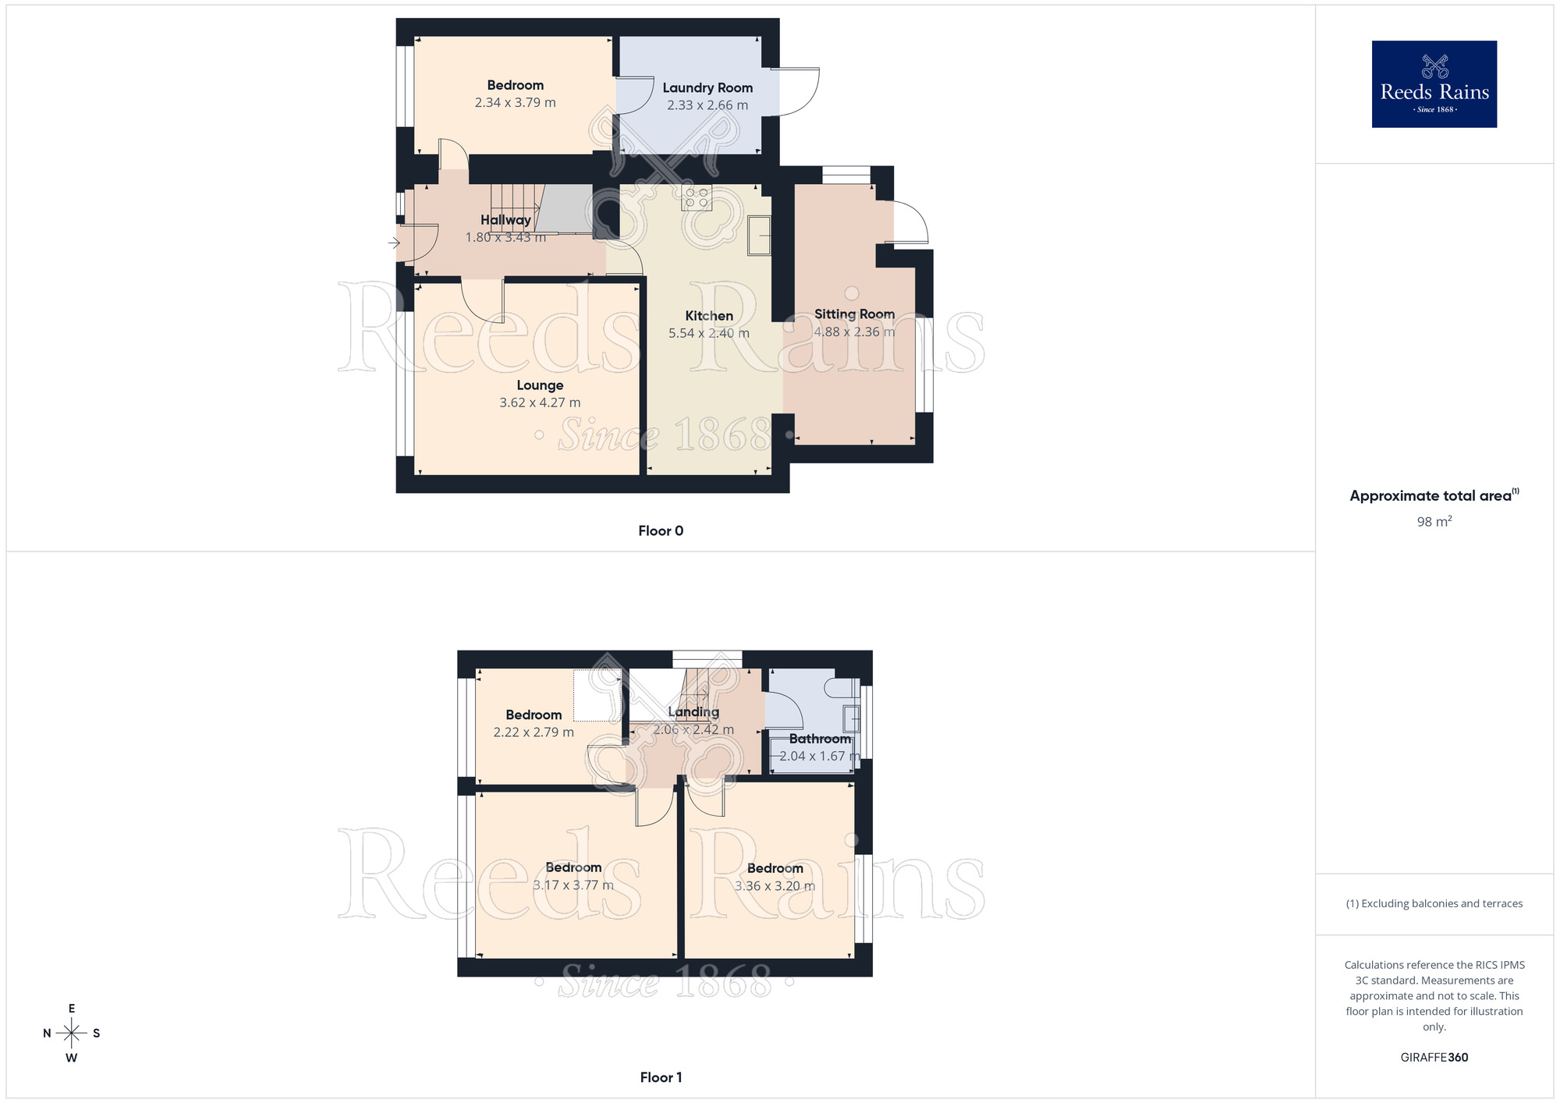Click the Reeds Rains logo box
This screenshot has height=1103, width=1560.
1434,83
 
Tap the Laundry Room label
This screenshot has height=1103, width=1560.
707,88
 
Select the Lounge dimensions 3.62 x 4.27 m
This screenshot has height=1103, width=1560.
540,403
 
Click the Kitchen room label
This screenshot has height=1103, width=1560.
709,316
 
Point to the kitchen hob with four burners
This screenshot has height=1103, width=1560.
697,197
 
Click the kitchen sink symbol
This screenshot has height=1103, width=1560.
760,235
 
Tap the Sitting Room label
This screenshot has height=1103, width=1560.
854,314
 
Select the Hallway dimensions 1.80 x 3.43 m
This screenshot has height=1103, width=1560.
505,237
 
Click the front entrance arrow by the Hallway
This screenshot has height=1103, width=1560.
394,243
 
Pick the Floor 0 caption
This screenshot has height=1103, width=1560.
661,531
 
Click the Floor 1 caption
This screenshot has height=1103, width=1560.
661,1077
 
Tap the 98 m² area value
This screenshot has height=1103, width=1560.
1434,522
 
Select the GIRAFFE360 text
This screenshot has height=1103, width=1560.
1434,1058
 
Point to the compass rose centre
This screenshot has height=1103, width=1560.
72,1034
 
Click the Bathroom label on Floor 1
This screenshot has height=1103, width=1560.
820,739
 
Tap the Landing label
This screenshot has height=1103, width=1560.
693,712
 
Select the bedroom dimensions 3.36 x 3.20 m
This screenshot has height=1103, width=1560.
775,886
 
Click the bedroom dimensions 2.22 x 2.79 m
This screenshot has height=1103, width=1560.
534,732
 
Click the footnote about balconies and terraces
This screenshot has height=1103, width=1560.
1434,904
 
